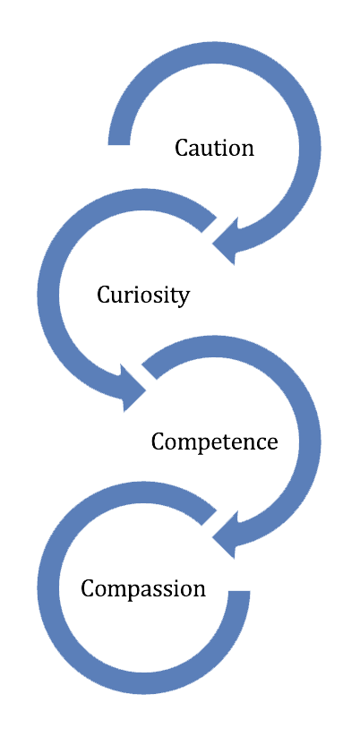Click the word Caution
[214, 148]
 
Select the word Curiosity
[143, 295]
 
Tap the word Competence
[214, 442]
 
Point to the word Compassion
[143, 589]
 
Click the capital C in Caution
[182, 148]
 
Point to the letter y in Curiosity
[184, 298]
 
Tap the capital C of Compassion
[88, 589]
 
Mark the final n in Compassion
[200, 590]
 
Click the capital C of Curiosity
[104, 295]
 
